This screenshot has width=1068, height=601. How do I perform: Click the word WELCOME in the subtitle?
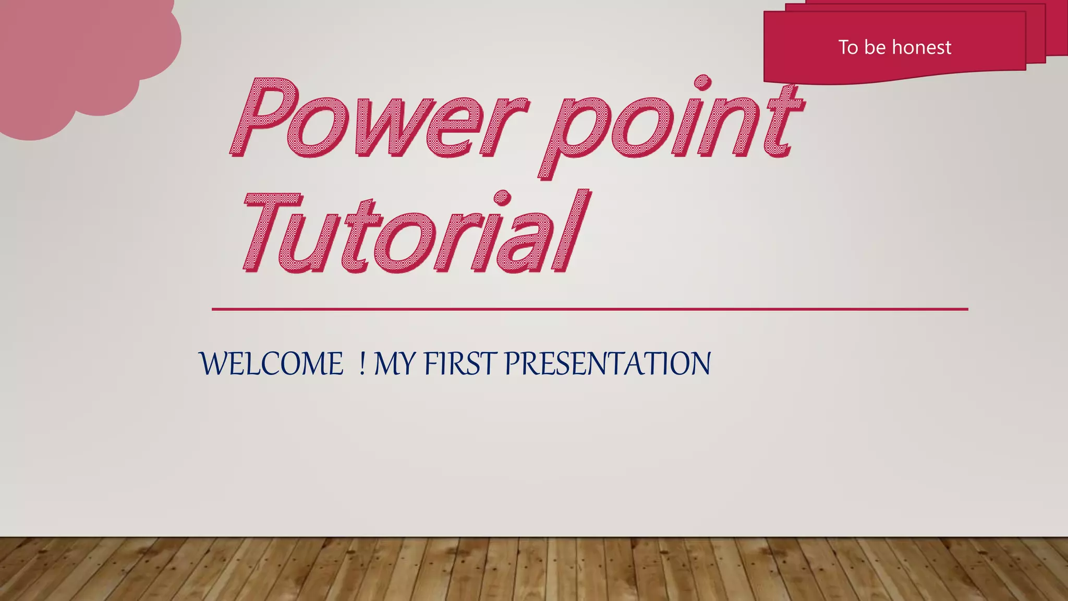(x=272, y=364)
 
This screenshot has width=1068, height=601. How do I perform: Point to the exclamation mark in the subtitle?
(x=362, y=364)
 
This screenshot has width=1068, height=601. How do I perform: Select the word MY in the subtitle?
(x=395, y=364)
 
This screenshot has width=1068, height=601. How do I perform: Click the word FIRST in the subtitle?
(x=459, y=364)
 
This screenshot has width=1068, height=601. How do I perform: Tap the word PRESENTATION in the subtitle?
(x=608, y=364)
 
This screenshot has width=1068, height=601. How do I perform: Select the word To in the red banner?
(x=848, y=47)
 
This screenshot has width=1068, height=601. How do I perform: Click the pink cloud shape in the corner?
(x=78, y=57)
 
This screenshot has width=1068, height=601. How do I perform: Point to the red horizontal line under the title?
(x=589, y=309)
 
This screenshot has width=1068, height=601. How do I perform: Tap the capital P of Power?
(x=266, y=118)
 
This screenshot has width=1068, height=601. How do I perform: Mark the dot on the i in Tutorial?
(x=502, y=198)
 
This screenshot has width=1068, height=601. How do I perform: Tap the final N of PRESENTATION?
(x=699, y=364)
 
